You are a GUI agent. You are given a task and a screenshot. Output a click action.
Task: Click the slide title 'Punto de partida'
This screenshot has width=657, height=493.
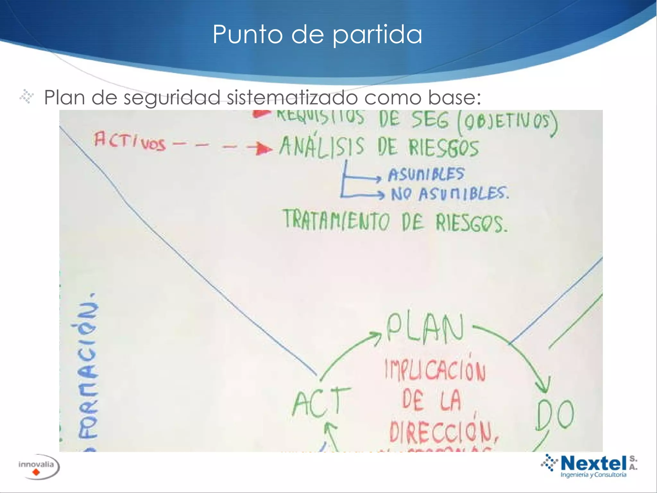(317, 34)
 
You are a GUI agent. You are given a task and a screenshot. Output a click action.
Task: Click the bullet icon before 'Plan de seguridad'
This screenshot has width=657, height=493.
(27, 97)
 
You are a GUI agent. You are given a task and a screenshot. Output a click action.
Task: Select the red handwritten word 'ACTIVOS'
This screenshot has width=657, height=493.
(130, 141)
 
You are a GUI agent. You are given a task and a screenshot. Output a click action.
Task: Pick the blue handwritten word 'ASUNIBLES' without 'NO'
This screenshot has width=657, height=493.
(426, 174)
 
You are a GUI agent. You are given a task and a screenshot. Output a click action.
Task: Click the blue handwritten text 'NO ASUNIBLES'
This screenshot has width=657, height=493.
(449, 194)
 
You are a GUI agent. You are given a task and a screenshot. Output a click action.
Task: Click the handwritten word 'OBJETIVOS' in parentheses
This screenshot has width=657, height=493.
(507, 122)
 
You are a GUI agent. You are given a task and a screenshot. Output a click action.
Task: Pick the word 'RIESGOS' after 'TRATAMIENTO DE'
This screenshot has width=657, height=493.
(472, 223)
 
